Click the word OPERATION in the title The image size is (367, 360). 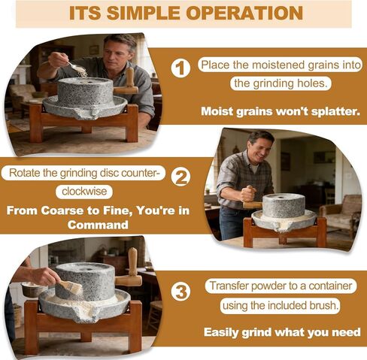point(244,13)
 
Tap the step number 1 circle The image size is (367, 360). point(180,68)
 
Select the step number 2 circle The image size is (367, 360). point(180,177)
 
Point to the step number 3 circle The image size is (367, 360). point(180,292)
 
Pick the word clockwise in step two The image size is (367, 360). point(84,192)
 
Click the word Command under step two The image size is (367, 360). point(98,225)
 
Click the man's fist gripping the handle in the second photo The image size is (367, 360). point(248,193)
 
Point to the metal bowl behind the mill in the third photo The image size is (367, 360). point(32,289)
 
